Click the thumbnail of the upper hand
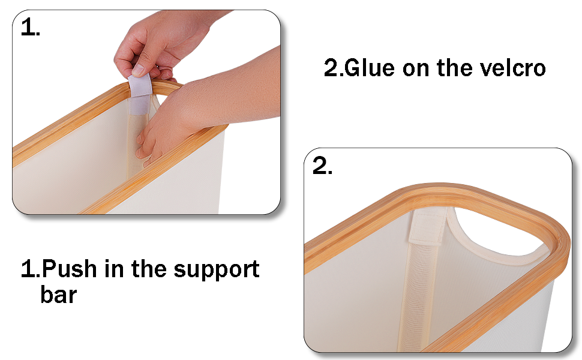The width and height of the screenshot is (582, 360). click(x=138, y=70)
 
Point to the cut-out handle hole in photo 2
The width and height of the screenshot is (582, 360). click(x=498, y=237)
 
